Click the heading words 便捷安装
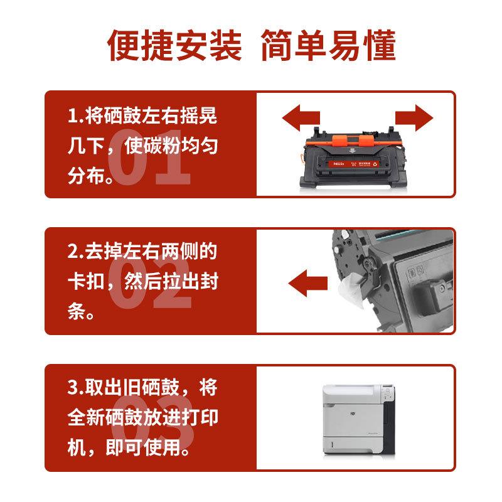tap(174, 45)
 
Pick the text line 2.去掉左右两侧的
tap(142, 252)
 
